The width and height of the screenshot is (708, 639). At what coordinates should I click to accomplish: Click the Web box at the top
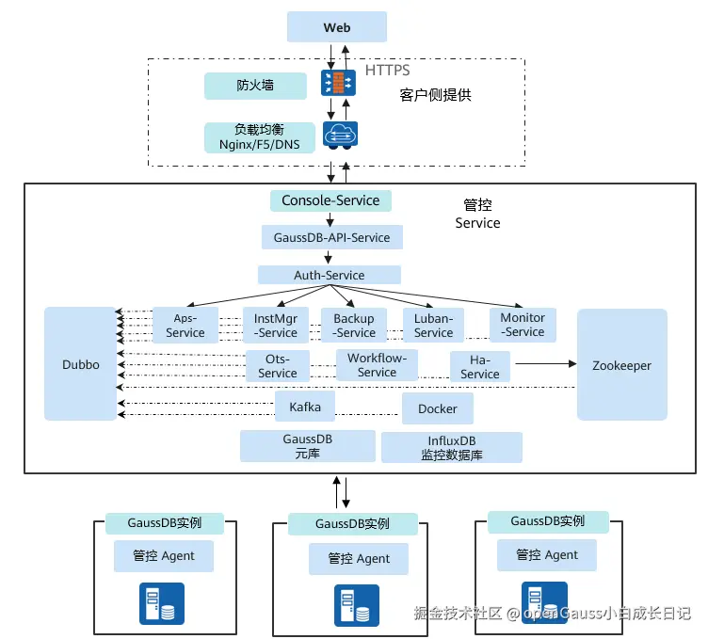pos(337,27)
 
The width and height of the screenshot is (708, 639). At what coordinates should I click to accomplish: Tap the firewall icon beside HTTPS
pos(336,82)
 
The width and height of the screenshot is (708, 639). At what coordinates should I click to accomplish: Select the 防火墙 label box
pos(255,86)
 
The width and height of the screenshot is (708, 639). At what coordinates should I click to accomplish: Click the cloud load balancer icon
pos(338,136)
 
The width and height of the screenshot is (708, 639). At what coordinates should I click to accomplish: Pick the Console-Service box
pos(330,200)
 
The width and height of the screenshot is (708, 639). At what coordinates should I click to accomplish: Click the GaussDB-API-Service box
pos(331,237)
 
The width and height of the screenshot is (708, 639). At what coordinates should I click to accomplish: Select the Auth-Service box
pos(329,275)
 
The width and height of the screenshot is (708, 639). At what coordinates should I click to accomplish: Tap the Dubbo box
pos(81,364)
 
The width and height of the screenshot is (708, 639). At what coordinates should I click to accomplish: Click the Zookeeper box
pos(621,365)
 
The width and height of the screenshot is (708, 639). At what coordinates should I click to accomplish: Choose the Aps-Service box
pos(185,326)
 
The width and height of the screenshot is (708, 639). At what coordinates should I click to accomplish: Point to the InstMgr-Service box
pos(276,326)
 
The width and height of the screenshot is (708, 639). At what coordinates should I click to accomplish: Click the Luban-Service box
pos(433,326)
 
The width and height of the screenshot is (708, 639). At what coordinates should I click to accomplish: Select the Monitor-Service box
pos(523,325)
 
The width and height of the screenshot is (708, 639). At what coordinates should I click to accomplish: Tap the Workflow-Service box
pos(377,365)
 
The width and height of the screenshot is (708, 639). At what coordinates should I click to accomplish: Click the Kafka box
pos(305,407)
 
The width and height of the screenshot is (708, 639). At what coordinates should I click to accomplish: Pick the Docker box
pos(438,409)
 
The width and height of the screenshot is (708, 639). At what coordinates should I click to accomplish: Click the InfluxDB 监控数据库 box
pos(451,447)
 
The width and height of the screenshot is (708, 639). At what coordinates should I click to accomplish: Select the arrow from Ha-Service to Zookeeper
pos(543,362)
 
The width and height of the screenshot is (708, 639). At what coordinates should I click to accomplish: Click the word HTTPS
pos(388,71)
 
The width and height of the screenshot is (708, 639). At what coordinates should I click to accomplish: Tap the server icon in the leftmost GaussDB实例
pos(162,603)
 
